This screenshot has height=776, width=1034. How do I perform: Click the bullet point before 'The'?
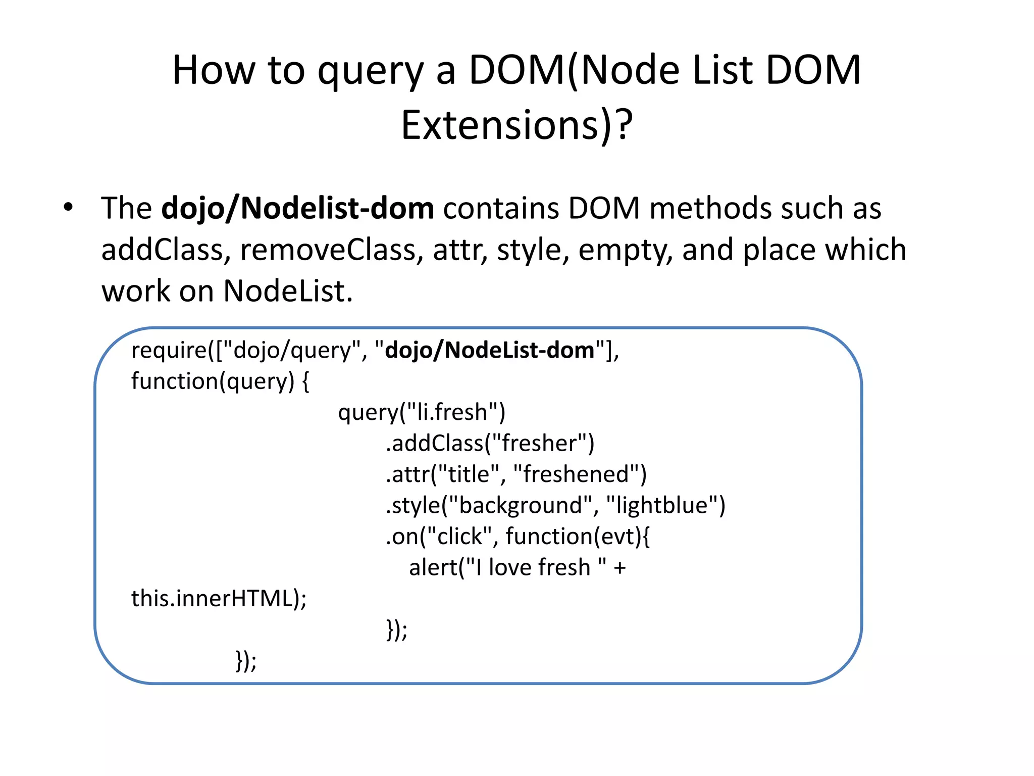[68, 207]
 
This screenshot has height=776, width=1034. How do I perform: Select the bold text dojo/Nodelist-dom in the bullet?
[297, 208]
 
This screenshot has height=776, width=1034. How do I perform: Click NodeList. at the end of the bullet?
[288, 292]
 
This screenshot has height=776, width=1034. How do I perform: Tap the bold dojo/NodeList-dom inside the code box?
[489, 350]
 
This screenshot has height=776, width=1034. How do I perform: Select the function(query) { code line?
[220, 381]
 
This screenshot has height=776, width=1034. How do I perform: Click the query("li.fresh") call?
[422, 412]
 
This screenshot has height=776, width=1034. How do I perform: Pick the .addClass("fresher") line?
[490, 444]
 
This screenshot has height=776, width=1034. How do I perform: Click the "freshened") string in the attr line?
[580, 474]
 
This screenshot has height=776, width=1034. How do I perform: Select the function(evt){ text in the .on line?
[578, 537]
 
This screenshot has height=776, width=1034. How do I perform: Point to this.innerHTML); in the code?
[219, 599]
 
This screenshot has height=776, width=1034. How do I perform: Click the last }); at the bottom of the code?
[246, 660]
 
